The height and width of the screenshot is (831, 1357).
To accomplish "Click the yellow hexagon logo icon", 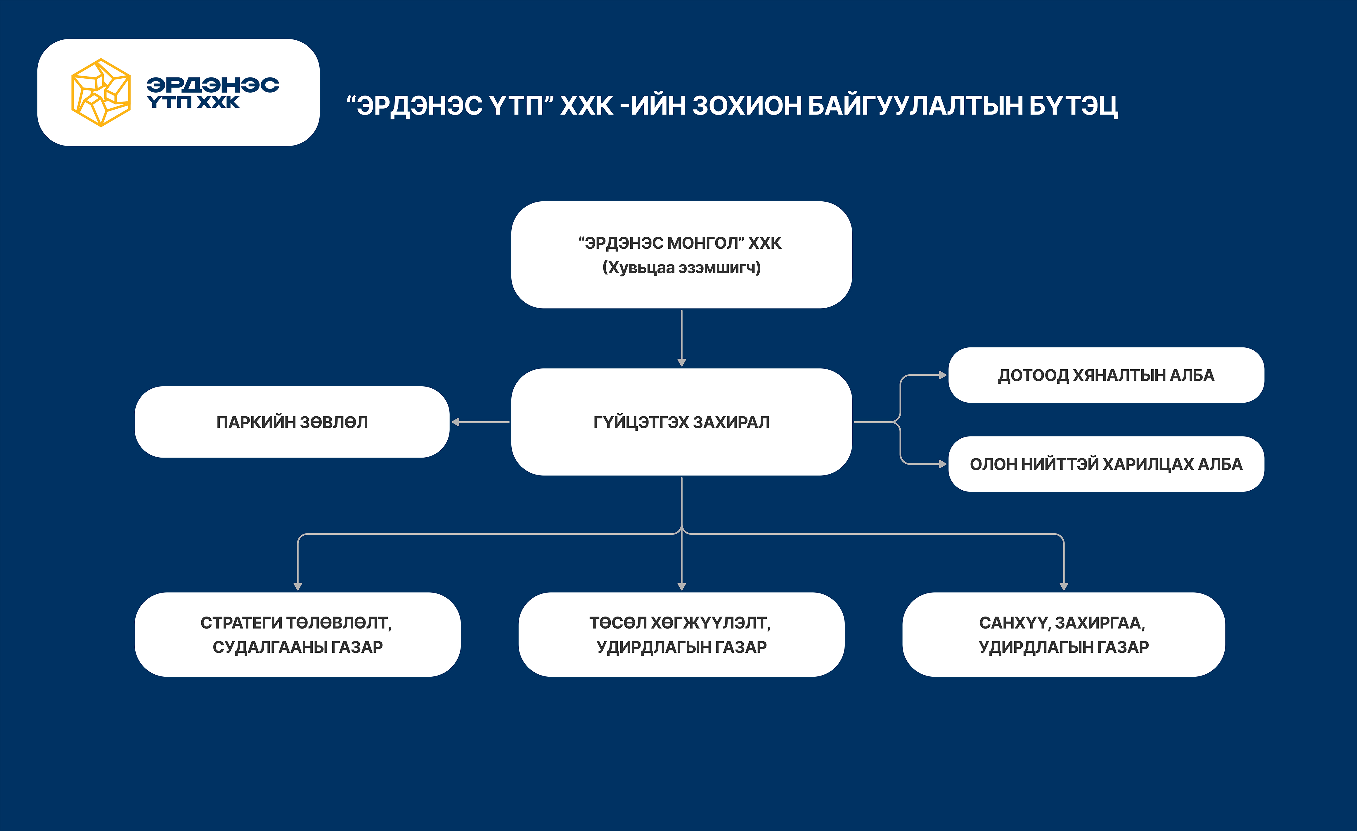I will [x=101, y=93].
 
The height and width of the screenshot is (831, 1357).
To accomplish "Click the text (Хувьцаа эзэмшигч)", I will [x=681, y=268].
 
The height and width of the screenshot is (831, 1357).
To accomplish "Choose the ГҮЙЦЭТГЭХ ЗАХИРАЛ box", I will [x=681, y=422].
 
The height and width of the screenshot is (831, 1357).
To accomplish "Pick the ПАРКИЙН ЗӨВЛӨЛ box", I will [x=292, y=422].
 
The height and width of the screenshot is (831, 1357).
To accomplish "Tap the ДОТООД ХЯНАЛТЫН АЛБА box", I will [x=1106, y=375].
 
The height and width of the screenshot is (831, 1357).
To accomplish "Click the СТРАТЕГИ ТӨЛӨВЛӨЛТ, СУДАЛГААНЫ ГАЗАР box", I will [x=297, y=634].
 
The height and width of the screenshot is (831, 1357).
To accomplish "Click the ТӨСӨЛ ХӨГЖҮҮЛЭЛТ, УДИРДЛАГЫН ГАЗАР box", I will [x=681, y=634].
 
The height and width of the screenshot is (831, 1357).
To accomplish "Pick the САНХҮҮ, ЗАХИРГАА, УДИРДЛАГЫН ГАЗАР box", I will [x=1063, y=634].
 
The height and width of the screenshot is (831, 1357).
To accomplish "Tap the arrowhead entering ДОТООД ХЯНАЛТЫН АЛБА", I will [x=943, y=375].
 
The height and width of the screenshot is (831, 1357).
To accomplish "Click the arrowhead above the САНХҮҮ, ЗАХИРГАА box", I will [x=1063, y=586].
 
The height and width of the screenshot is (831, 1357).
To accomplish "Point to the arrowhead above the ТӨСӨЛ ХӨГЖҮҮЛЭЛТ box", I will [x=681, y=586].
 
